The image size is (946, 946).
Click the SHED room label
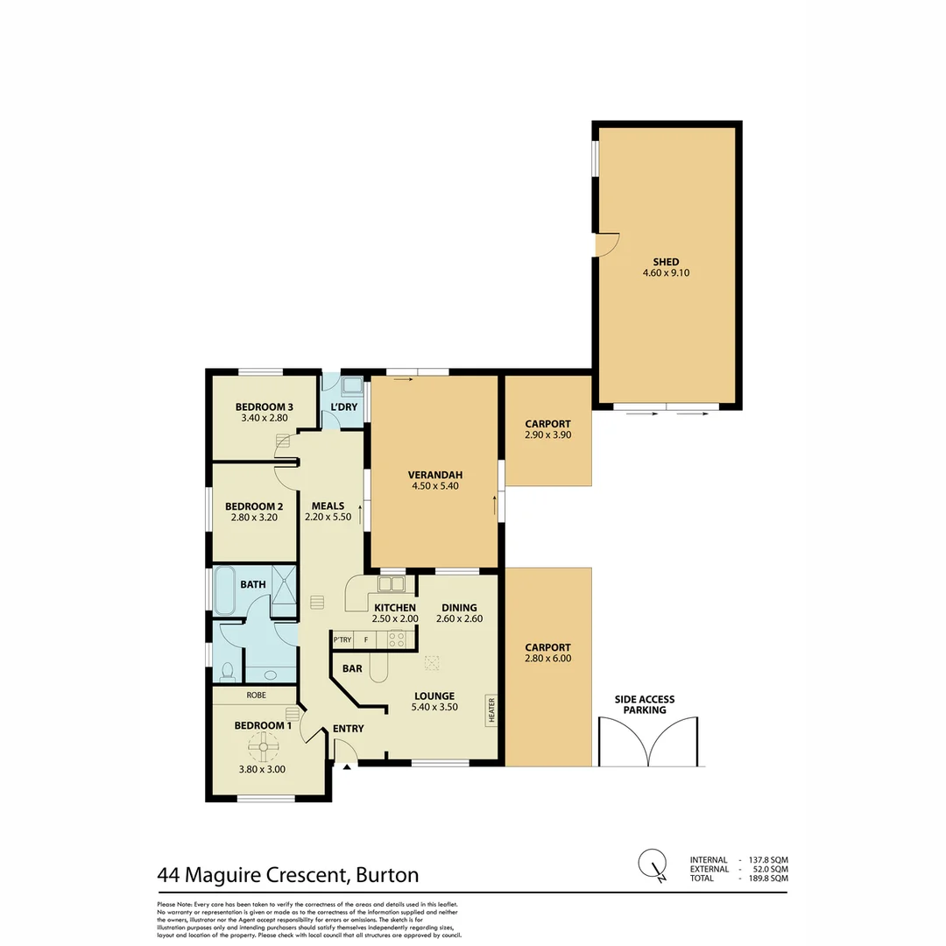666,262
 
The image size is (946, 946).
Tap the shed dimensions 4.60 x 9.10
666,273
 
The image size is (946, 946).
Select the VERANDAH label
434,476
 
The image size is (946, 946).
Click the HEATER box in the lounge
491,709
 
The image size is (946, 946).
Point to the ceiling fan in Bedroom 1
263,747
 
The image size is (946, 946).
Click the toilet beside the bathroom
228,672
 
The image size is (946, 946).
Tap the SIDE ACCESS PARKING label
645,704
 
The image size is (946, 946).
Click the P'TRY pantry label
342,640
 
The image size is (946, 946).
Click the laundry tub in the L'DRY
352,385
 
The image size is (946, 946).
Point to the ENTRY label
348,729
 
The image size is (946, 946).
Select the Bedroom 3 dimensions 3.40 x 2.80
264,419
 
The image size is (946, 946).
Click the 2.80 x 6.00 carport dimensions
547,658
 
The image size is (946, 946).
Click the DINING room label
459,607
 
